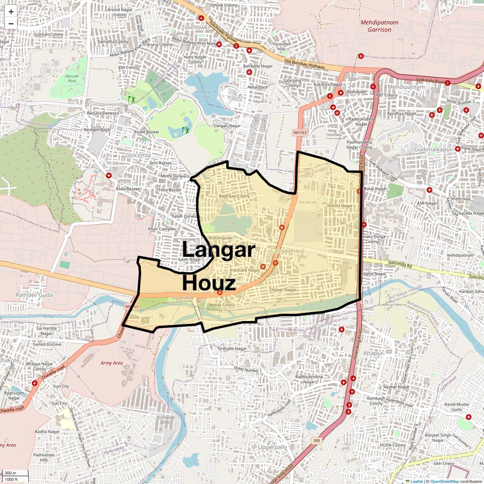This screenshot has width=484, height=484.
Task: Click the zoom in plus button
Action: point(11,11)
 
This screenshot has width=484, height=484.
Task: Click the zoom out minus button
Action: point(11,23)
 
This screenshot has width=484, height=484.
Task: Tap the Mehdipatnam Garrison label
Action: point(379,26)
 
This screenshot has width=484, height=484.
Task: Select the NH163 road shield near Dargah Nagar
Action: point(300,132)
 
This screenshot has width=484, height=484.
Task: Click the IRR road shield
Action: point(317,441)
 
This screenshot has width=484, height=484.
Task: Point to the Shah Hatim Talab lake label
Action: point(205,94)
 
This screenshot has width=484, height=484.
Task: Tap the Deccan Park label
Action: point(72,79)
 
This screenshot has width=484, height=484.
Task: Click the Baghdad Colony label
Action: point(234,196)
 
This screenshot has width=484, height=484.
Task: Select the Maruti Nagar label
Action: point(340,206)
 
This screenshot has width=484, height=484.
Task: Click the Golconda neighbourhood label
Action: point(138,155)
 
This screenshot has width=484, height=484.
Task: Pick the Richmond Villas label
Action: point(166,419)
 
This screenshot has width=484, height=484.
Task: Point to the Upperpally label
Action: point(273,447)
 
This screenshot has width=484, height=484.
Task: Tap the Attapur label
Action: point(373,353)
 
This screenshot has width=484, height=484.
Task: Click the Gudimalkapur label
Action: point(433,149)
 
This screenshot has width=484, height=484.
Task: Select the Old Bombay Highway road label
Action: point(304,64)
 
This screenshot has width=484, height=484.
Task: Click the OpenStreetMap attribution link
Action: point(444,481)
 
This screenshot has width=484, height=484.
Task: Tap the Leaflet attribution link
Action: point(416,481)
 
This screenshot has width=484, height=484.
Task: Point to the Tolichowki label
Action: point(195,27)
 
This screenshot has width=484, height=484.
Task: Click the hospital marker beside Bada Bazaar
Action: point(109,175)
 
